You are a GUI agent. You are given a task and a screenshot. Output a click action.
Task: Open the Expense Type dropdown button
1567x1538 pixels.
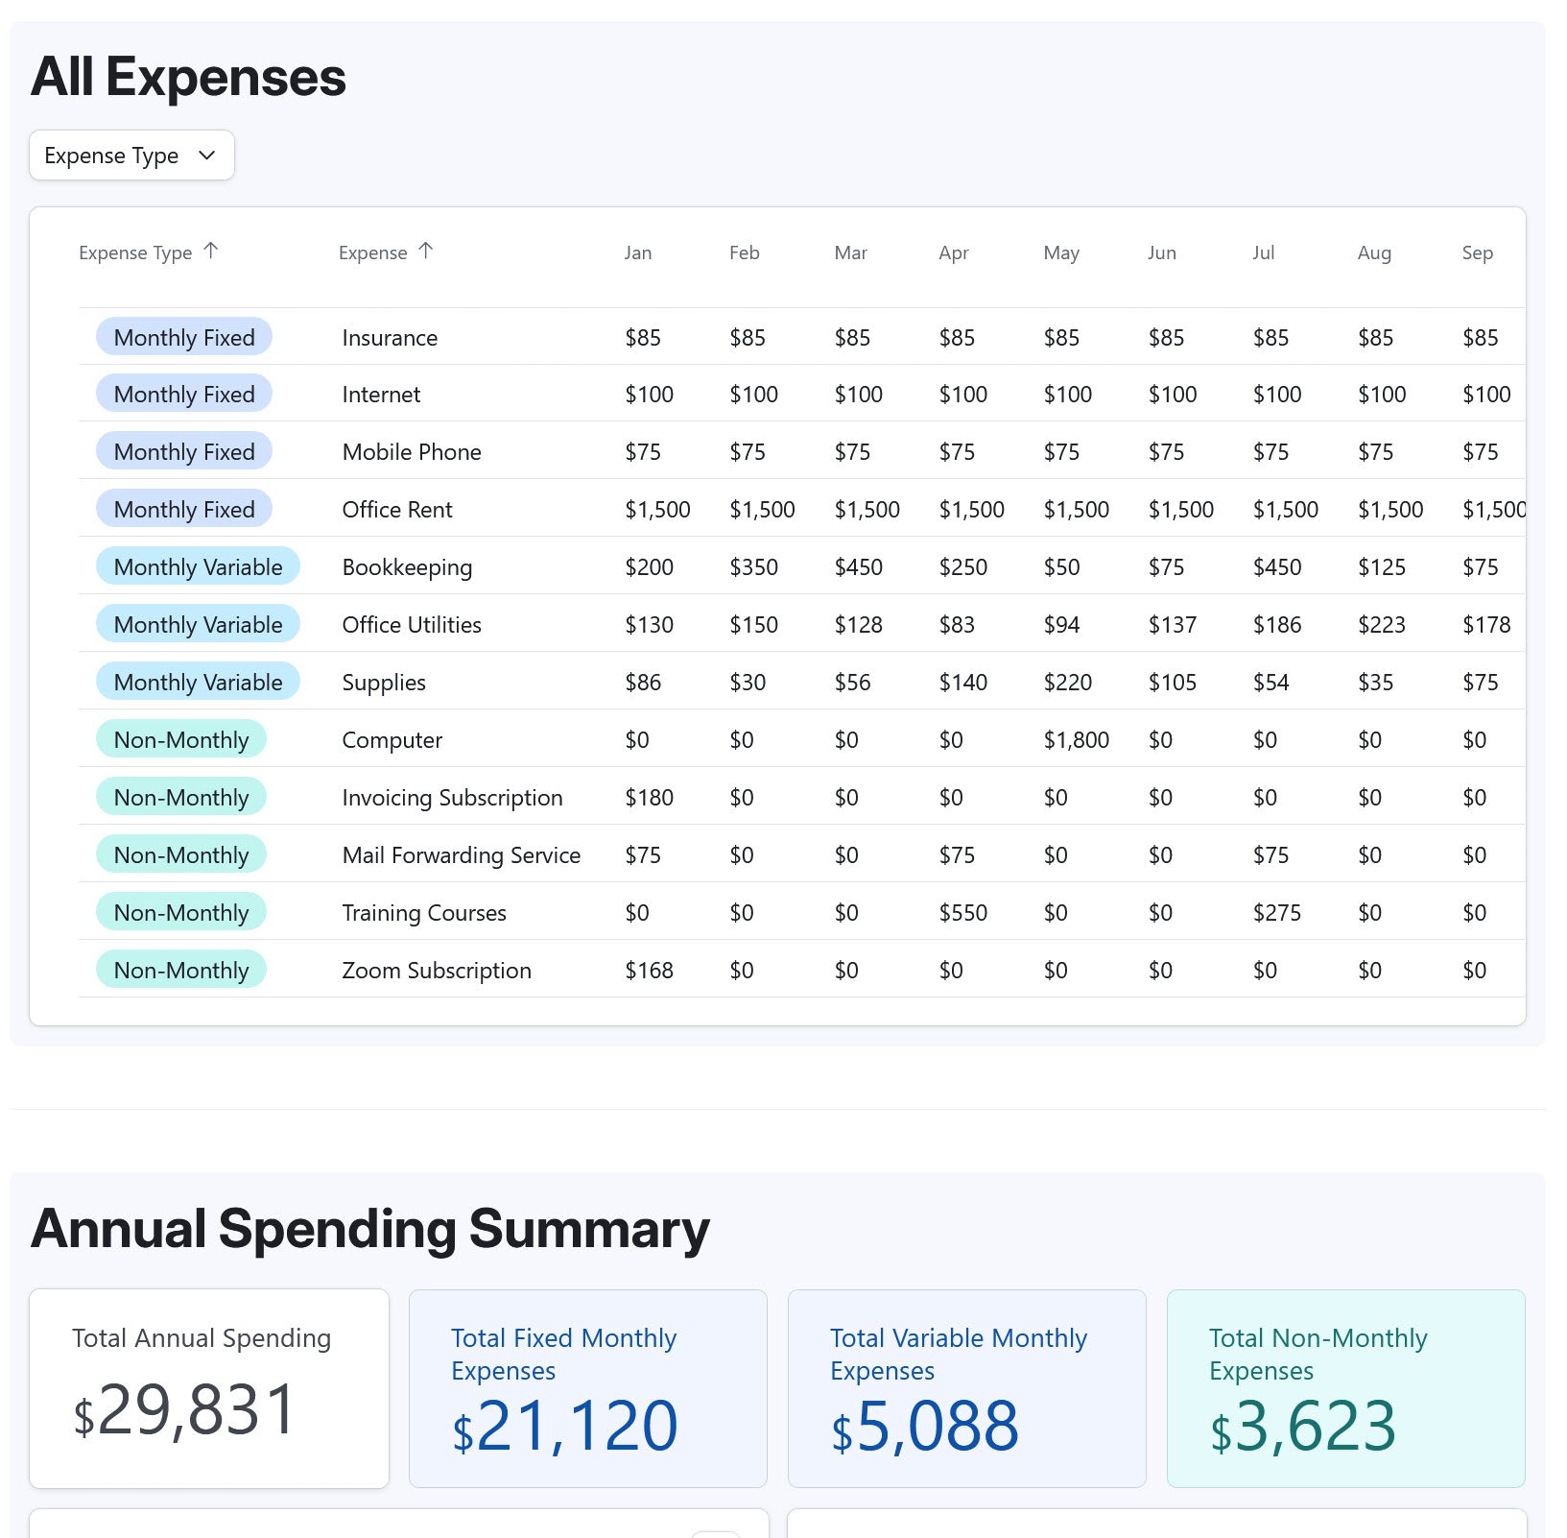[x=131, y=156]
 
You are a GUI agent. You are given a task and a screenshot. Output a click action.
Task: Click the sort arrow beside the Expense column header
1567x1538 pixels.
[x=426, y=251]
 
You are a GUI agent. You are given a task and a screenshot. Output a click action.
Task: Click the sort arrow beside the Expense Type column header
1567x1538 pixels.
[x=211, y=251]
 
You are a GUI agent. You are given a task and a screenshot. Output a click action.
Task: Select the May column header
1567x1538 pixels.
[x=1060, y=252]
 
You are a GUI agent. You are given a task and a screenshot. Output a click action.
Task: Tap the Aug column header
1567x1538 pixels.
[x=1373, y=252]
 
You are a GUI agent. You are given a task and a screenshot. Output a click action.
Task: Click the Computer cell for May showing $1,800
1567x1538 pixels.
[x=1076, y=740]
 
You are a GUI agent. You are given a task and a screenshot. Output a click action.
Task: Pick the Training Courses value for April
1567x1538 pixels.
[x=962, y=913]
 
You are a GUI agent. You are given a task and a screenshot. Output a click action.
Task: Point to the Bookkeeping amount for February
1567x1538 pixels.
[x=753, y=567]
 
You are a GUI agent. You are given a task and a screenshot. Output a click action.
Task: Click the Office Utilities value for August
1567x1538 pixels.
[x=1381, y=625]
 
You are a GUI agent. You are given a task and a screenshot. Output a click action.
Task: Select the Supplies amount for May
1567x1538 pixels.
[x=1067, y=683]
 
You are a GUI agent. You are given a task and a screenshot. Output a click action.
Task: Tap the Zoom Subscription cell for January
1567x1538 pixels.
[x=649, y=971]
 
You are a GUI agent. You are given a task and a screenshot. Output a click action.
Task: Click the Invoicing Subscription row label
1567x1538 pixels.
[x=452, y=798]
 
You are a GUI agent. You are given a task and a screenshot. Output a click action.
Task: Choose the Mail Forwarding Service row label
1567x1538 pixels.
[x=461, y=855]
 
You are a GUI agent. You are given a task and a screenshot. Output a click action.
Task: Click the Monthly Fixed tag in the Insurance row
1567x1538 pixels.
[x=184, y=337]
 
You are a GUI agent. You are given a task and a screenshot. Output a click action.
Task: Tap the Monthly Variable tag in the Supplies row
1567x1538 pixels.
[x=198, y=683]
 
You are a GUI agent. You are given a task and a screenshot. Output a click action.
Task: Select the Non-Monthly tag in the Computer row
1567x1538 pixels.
[x=181, y=740]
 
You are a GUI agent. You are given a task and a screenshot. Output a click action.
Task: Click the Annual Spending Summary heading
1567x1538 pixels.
[x=370, y=1229]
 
